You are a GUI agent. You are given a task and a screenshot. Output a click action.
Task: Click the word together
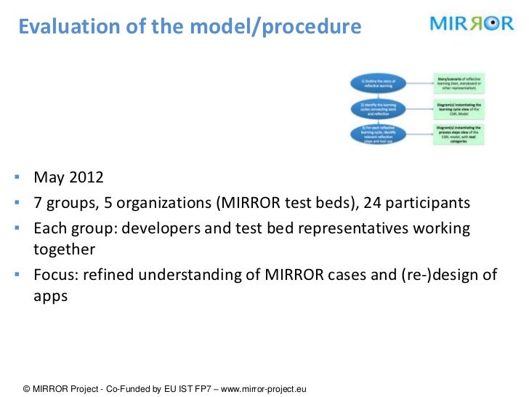(x=65, y=249)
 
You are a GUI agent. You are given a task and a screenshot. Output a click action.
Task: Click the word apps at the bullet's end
(x=50, y=296)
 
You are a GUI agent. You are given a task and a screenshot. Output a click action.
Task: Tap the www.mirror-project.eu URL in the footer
(x=264, y=389)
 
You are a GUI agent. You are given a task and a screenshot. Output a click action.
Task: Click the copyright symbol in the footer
(x=28, y=389)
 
